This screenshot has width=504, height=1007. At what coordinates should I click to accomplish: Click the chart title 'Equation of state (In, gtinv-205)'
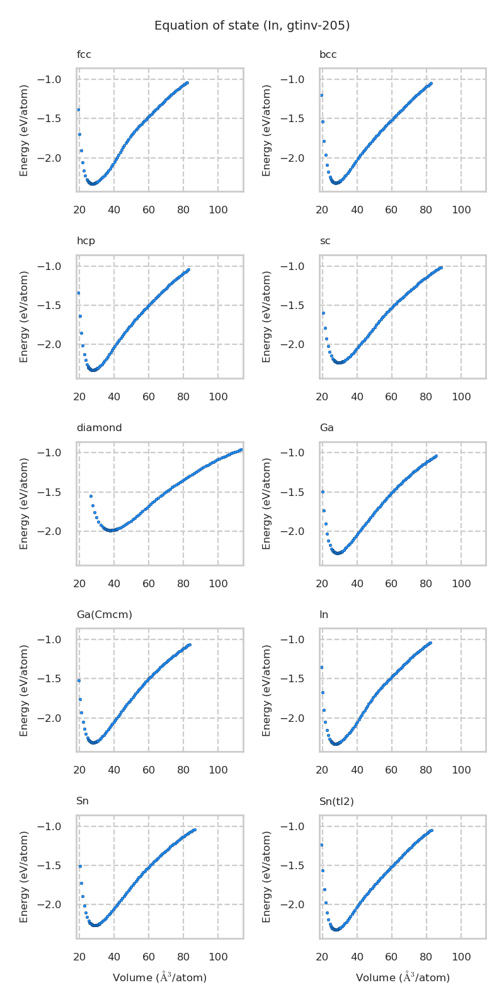(x=252, y=26)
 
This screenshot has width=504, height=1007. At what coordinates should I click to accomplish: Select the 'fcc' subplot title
(x=84, y=55)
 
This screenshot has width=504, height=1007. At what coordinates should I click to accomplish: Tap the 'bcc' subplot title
(x=328, y=55)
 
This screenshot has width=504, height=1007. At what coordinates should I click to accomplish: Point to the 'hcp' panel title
(x=86, y=241)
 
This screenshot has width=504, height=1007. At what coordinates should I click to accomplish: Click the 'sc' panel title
(x=324, y=241)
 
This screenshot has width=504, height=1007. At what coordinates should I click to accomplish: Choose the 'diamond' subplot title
(x=99, y=428)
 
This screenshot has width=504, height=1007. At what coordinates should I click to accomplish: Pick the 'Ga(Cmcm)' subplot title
(x=104, y=615)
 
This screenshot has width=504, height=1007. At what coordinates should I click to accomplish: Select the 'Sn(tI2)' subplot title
(x=336, y=801)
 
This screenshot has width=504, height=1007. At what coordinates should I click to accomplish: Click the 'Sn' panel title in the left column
(x=83, y=801)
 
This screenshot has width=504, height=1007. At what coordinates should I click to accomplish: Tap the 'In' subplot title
(x=323, y=615)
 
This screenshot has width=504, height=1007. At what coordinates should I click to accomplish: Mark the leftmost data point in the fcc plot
(x=78, y=110)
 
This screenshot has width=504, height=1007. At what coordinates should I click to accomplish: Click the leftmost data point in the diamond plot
(x=91, y=496)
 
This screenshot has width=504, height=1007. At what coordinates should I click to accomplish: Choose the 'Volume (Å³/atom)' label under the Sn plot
(x=159, y=977)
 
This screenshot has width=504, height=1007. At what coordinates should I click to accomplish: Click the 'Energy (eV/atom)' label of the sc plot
(x=266, y=317)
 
